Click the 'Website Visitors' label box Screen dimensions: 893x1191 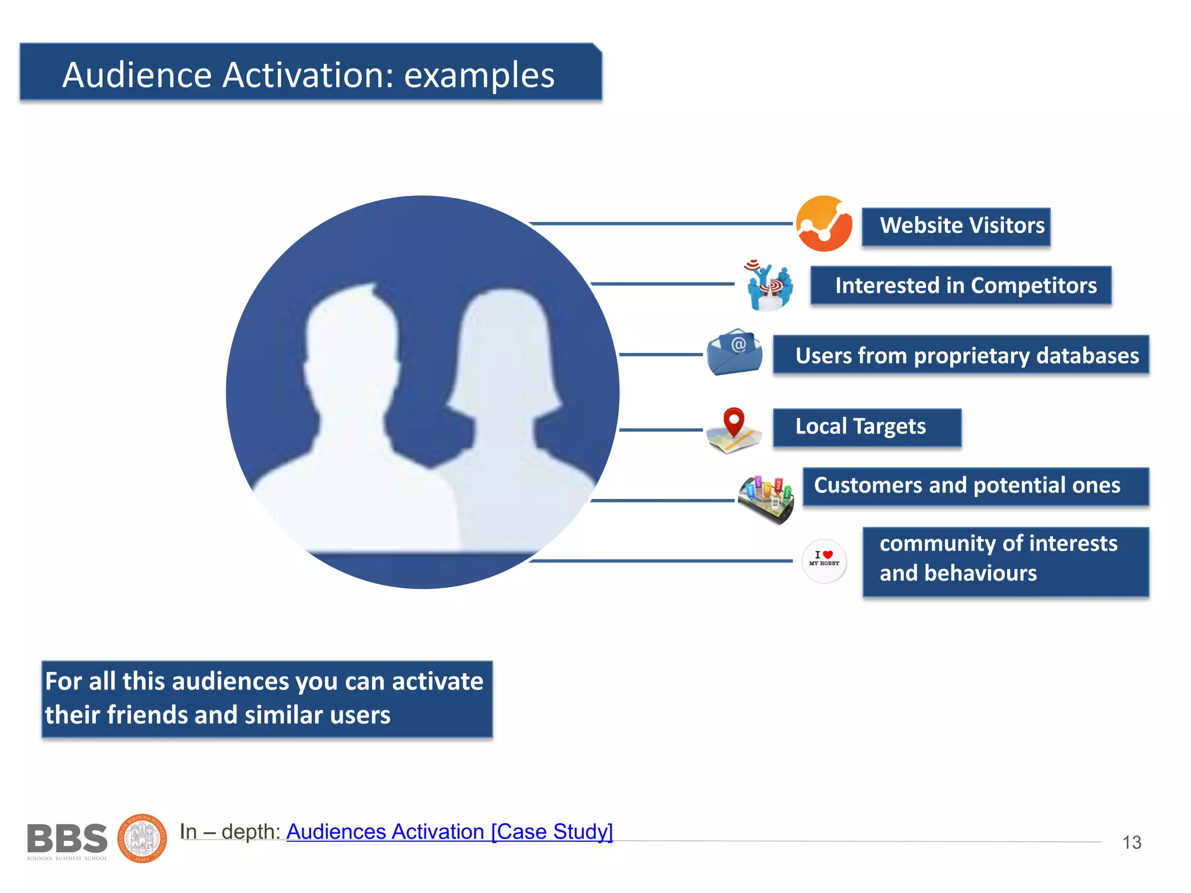[x=955, y=226]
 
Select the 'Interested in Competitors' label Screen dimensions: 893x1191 [x=961, y=285]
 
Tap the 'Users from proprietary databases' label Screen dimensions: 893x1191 [x=961, y=355]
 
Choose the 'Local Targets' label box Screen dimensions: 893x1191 [x=866, y=427]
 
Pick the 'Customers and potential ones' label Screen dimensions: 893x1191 [x=975, y=486]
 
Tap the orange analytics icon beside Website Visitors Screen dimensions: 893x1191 [x=824, y=224]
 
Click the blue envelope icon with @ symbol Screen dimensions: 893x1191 [x=734, y=352]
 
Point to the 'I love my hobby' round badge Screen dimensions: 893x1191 [x=824, y=560]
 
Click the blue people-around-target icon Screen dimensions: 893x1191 [x=769, y=285]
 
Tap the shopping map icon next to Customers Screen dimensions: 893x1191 [x=766, y=499]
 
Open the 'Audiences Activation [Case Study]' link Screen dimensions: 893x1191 [x=450, y=831]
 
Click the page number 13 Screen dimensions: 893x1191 [x=1131, y=842]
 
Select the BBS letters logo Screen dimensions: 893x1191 [x=67, y=839]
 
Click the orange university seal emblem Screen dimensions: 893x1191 [x=142, y=838]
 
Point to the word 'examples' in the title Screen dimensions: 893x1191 [x=479, y=76]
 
